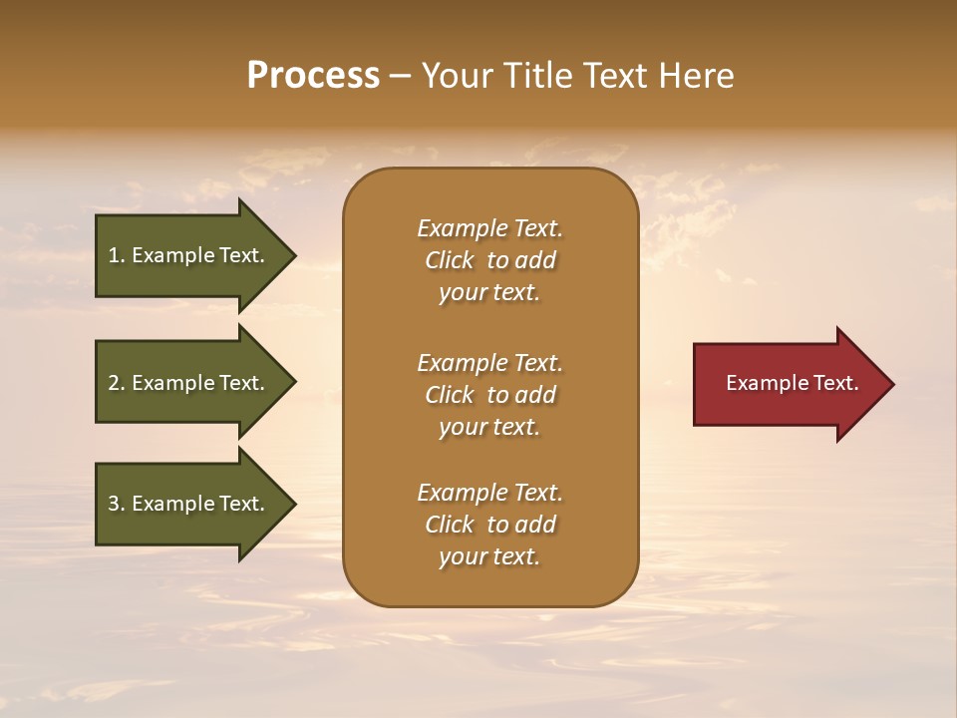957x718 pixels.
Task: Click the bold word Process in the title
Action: pos(313,76)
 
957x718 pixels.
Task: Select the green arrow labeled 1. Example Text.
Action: pos(189,255)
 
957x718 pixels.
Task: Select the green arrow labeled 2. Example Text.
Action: pos(189,383)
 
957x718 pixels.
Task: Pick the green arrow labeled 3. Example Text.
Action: pos(189,504)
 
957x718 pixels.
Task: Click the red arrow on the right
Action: pos(788,384)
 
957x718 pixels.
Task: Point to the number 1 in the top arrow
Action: pos(114,255)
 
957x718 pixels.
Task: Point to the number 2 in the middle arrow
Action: pos(114,383)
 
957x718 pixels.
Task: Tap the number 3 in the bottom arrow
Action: pos(114,504)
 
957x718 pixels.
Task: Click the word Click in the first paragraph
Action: pos(450,260)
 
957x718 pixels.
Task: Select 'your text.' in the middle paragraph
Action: pos(489,427)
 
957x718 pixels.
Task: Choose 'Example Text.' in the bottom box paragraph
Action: pos(489,493)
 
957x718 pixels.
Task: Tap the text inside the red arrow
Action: pos(792,383)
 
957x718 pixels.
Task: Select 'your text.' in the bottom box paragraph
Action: pos(489,556)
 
